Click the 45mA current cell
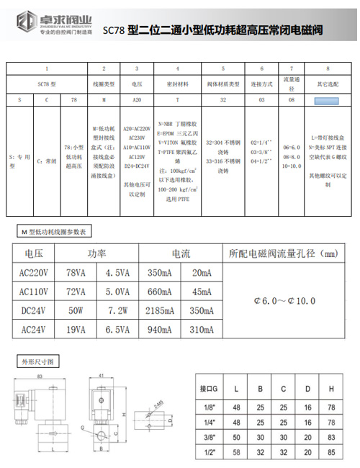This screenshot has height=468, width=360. pos(201,292)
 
